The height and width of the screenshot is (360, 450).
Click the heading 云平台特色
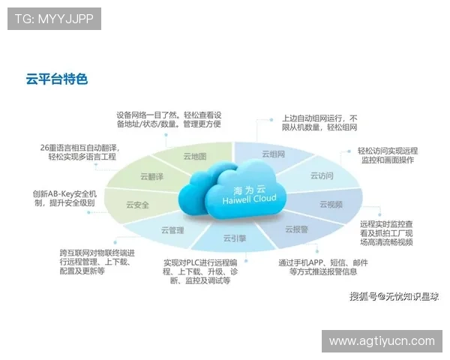[57, 78]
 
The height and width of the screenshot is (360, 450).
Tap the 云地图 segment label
[194, 157]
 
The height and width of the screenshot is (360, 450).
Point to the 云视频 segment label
[331, 204]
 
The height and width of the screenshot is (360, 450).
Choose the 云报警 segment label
[296, 229]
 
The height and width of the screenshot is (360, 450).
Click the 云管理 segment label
[172, 230]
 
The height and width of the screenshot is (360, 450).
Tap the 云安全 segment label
[137, 205]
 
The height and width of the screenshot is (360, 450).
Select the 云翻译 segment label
[151, 177]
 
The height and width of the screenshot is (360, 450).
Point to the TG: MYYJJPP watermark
[54, 19]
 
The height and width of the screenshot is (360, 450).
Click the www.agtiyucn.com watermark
[382, 341]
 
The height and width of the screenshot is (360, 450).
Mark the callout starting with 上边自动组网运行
[319, 123]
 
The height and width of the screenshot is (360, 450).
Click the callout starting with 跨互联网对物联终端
[97, 262]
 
